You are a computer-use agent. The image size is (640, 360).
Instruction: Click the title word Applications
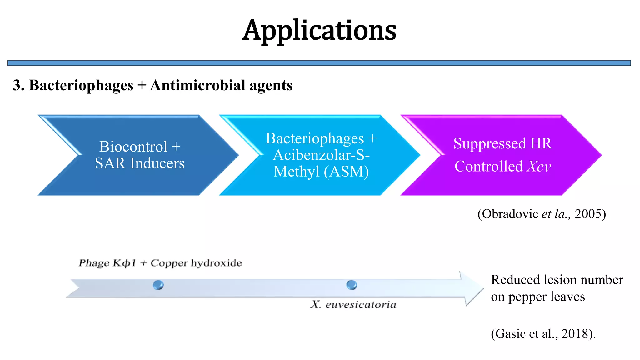[319, 30]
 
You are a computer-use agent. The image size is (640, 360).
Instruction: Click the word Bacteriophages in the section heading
[81, 85]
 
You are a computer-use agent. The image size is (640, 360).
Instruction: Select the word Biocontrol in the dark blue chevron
[133, 147]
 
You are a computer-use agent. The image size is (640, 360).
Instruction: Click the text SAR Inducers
[140, 163]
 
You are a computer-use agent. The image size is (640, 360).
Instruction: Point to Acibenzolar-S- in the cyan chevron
[321, 155]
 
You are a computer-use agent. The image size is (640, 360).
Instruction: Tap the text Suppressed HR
[502, 143]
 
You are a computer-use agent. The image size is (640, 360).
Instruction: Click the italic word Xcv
[539, 166]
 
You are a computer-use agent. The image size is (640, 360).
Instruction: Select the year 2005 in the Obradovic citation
[588, 214]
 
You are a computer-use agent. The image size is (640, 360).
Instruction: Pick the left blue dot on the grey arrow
[158, 285]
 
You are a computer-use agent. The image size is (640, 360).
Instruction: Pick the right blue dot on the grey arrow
[352, 285]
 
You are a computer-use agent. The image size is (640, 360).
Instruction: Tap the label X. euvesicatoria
[353, 304]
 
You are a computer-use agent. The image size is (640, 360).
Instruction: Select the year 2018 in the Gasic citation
[575, 334]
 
